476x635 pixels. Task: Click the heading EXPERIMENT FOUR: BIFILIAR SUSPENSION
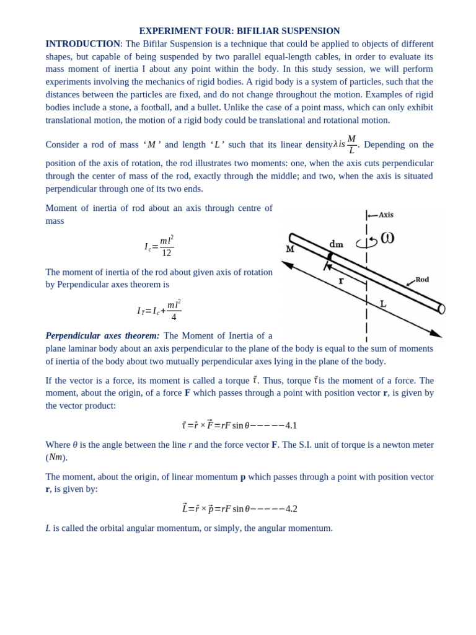click(x=239, y=31)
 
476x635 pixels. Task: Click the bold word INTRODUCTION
click(x=82, y=44)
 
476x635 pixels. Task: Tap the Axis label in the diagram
click(x=386, y=215)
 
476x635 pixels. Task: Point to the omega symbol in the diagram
click(x=387, y=238)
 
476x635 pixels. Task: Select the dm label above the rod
click(x=336, y=244)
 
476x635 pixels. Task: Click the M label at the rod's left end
click(x=290, y=249)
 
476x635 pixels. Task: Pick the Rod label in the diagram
click(x=422, y=280)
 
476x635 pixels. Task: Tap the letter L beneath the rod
click(x=383, y=304)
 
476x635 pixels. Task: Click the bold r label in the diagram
click(x=341, y=281)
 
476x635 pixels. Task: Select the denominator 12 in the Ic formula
click(x=166, y=253)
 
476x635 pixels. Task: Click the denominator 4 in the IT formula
click(x=174, y=317)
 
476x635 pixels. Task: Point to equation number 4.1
click(x=291, y=425)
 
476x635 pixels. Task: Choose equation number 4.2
click(x=291, y=509)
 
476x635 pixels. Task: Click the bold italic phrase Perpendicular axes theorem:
click(x=102, y=335)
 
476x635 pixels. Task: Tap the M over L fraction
click(x=351, y=144)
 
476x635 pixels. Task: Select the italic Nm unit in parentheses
click(x=56, y=457)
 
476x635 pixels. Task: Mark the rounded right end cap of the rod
click(x=441, y=309)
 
